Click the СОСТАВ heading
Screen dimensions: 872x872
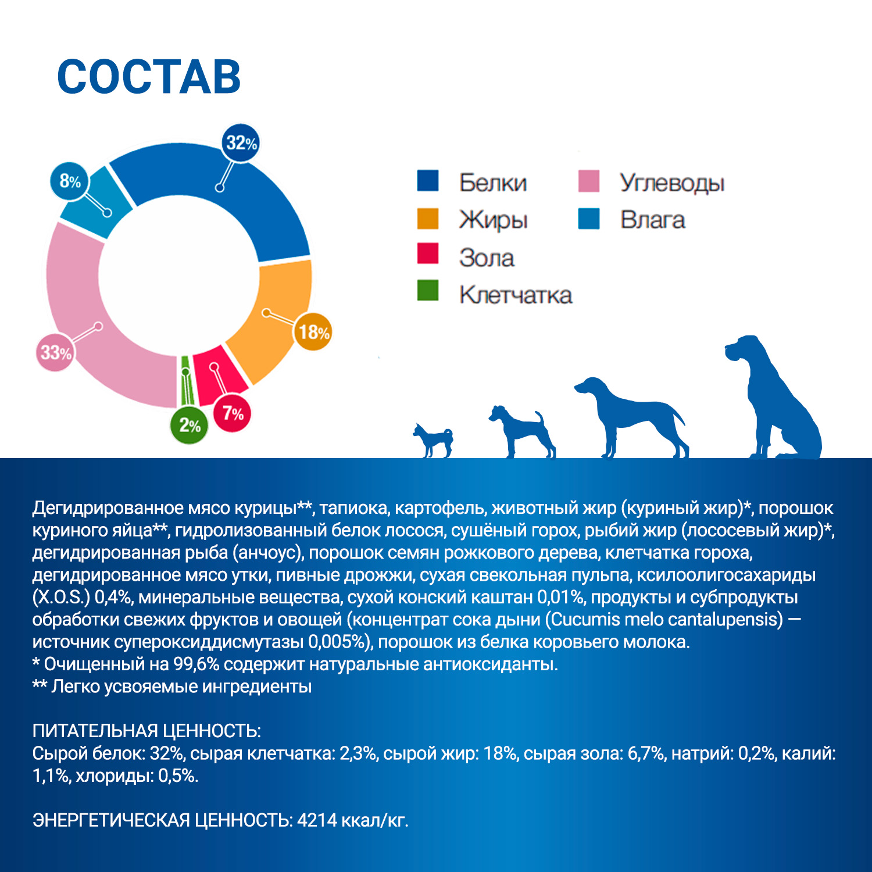(149, 77)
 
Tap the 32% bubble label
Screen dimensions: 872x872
(241, 142)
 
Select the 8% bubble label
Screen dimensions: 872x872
(70, 181)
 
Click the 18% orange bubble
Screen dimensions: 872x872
(314, 332)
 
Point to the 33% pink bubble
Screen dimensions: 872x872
(56, 352)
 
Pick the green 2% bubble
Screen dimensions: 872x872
(190, 426)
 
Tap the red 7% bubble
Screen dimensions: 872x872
(233, 413)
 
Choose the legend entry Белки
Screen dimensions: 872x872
(492, 183)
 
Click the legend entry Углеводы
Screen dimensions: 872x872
(671, 183)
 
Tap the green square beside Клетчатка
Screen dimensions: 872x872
(428, 291)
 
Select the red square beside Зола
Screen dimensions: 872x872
(428, 253)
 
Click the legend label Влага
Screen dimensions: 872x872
(652, 220)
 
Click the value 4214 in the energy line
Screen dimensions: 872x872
(317, 820)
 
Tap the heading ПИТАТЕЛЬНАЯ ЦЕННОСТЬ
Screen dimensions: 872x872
(146, 731)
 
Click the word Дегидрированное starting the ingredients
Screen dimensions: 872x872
(108, 508)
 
